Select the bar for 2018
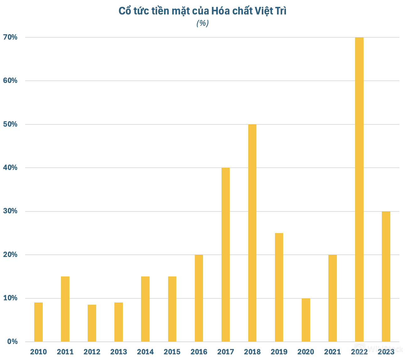point(252,233)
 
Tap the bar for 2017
point(226,254)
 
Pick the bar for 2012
point(92,323)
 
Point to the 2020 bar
point(306,320)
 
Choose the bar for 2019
point(279,287)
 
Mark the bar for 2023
point(386,276)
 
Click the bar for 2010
point(38,322)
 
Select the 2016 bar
point(199,298)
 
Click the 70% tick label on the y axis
point(10,37)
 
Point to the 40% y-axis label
point(10,168)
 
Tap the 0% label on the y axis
point(12,341)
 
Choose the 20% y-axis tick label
point(10,255)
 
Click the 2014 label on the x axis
point(145,352)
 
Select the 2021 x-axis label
point(332,352)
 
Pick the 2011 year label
point(65,352)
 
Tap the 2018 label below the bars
point(252,352)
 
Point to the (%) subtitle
point(203,23)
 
